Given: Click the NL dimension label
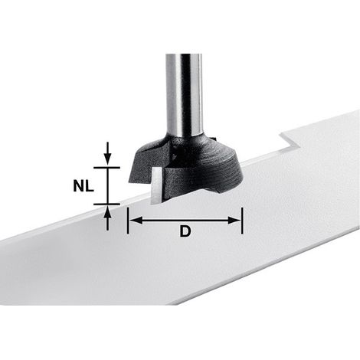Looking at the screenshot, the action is click(83, 186).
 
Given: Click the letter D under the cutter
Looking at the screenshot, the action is click(185, 231).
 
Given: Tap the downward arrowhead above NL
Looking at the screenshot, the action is click(108, 159).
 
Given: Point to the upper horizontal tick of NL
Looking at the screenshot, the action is click(106, 168).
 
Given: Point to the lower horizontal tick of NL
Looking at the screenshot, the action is click(106, 204).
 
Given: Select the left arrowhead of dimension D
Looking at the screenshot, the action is click(136, 221).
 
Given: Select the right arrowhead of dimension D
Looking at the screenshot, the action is click(234, 221).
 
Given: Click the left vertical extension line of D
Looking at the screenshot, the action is click(127, 221).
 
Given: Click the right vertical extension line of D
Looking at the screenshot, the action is click(242, 221).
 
